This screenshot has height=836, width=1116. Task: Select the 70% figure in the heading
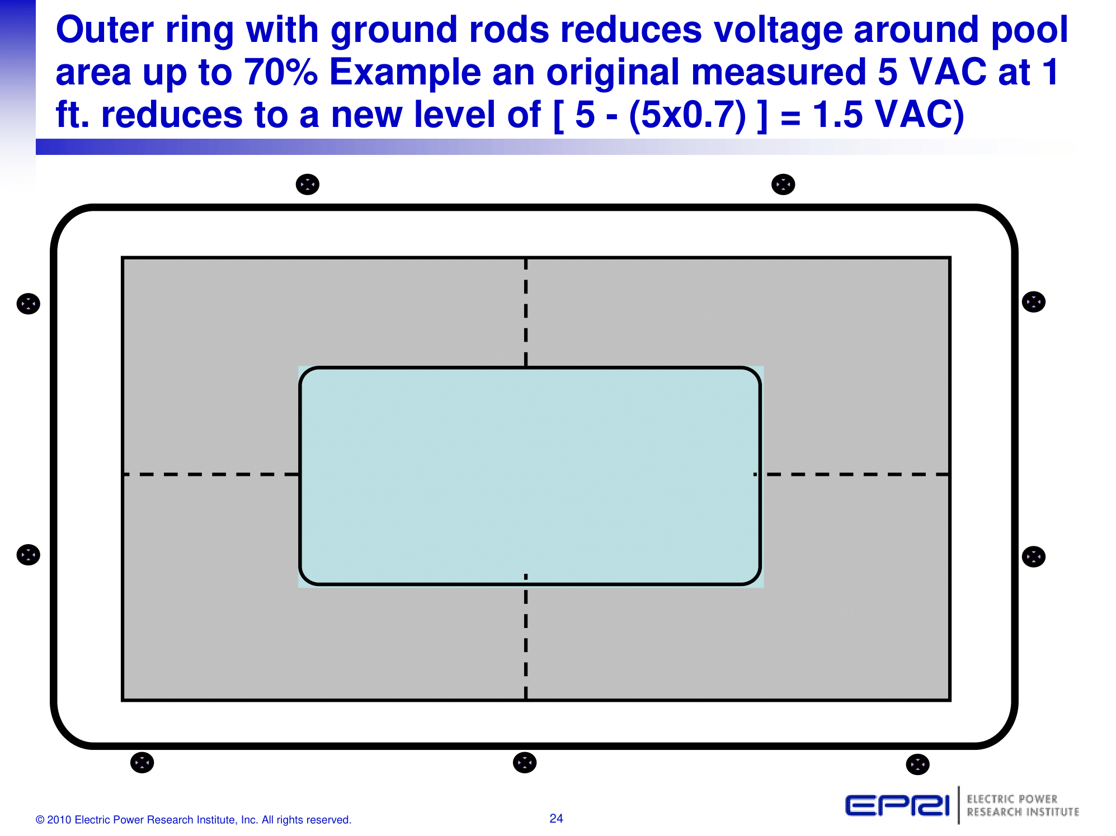(x=281, y=72)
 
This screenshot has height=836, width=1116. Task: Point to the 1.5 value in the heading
(x=837, y=115)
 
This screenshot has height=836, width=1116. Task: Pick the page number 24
(x=556, y=819)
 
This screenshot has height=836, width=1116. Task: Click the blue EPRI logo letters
(x=897, y=806)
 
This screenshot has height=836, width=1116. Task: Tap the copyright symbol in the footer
(x=40, y=820)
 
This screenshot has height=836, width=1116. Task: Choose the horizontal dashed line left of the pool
(x=211, y=474)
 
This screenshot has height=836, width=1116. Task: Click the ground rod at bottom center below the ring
(x=525, y=763)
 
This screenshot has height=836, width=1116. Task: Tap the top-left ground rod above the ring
(x=308, y=184)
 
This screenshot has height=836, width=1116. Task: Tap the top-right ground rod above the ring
(x=783, y=184)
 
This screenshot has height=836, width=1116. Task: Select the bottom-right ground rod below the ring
(x=917, y=764)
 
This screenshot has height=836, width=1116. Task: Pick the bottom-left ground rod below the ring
(x=142, y=763)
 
